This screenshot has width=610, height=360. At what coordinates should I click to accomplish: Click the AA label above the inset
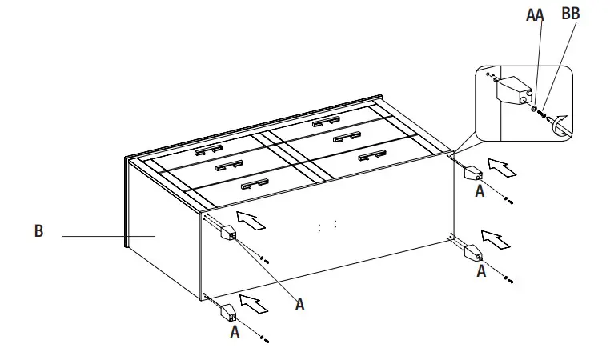click(x=534, y=15)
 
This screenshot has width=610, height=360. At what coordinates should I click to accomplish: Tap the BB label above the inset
click(x=571, y=14)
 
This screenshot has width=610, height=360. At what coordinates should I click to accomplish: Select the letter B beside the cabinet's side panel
click(x=38, y=232)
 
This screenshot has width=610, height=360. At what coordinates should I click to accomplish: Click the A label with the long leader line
click(x=299, y=304)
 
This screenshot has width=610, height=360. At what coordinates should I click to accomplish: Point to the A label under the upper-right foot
click(x=480, y=191)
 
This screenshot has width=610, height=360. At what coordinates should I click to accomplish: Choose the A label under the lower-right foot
click(x=481, y=272)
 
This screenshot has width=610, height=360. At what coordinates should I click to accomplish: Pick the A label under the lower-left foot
click(x=235, y=330)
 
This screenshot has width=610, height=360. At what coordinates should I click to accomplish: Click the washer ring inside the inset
click(x=534, y=106)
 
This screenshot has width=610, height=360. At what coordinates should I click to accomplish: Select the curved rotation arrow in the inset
click(x=563, y=124)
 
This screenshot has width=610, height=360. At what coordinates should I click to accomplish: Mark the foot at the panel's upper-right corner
click(x=473, y=174)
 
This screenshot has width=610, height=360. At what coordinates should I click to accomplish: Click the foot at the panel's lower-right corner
click(x=473, y=255)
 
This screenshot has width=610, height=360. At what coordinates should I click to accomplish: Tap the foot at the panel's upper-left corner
click(x=228, y=233)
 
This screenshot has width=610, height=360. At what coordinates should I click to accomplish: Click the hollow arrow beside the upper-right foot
click(x=502, y=167)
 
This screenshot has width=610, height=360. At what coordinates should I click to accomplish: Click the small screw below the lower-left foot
click(x=265, y=340)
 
